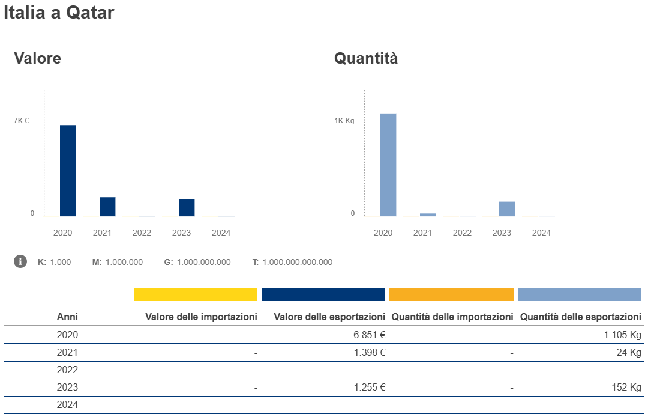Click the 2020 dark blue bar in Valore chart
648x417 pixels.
pyautogui.click(x=68, y=171)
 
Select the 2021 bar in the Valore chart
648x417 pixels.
pyautogui.click(x=107, y=207)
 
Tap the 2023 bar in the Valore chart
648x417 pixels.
pyautogui.click(x=187, y=207)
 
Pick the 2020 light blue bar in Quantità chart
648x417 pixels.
pyautogui.click(x=388, y=165)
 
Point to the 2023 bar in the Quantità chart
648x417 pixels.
pyautogui.click(x=507, y=208)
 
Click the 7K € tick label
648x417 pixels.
pyautogui.click(x=22, y=121)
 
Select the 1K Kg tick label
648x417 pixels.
pyautogui.click(x=344, y=121)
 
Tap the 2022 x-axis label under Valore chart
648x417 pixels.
pyautogui.click(x=142, y=233)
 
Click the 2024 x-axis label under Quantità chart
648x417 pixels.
pyautogui.click(x=541, y=233)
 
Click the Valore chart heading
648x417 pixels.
pyautogui.click(x=37, y=58)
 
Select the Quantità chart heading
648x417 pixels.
pyautogui.click(x=366, y=58)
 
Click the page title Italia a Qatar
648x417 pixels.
pyautogui.click(x=59, y=13)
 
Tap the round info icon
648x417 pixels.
pyautogui.click(x=20, y=261)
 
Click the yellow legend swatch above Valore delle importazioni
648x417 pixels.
pyautogui.click(x=195, y=294)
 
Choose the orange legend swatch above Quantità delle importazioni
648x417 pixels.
pyautogui.click(x=451, y=294)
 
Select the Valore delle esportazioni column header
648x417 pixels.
pyautogui.click(x=329, y=317)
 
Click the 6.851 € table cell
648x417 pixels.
pyautogui.click(x=369, y=335)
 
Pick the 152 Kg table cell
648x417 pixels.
pyautogui.click(x=627, y=388)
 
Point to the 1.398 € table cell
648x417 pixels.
pyautogui.click(x=369, y=352)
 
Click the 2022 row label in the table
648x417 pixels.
pyautogui.click(x=67, y=370)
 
